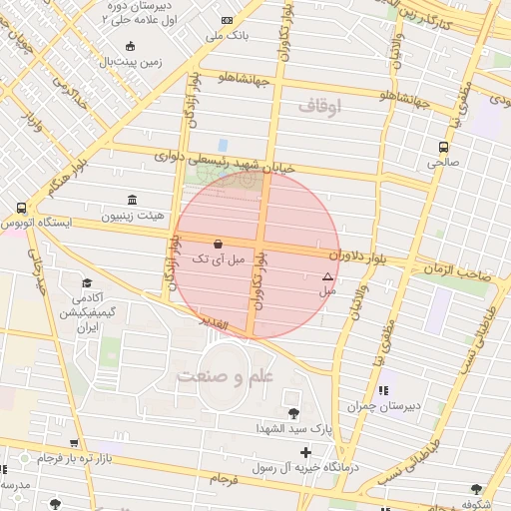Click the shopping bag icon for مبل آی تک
(219, 244)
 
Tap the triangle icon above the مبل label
(327, 276)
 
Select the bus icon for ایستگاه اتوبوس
(21, 208)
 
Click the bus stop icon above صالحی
(443, 146)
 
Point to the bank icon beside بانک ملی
(228, 20)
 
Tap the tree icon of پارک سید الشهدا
(292, 413)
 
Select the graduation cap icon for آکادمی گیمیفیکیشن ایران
(87, 283)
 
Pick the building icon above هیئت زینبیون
(133, 200)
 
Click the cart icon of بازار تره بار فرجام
(74, 443)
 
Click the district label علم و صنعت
(225, 376)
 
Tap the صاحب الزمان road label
(465, 272)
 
